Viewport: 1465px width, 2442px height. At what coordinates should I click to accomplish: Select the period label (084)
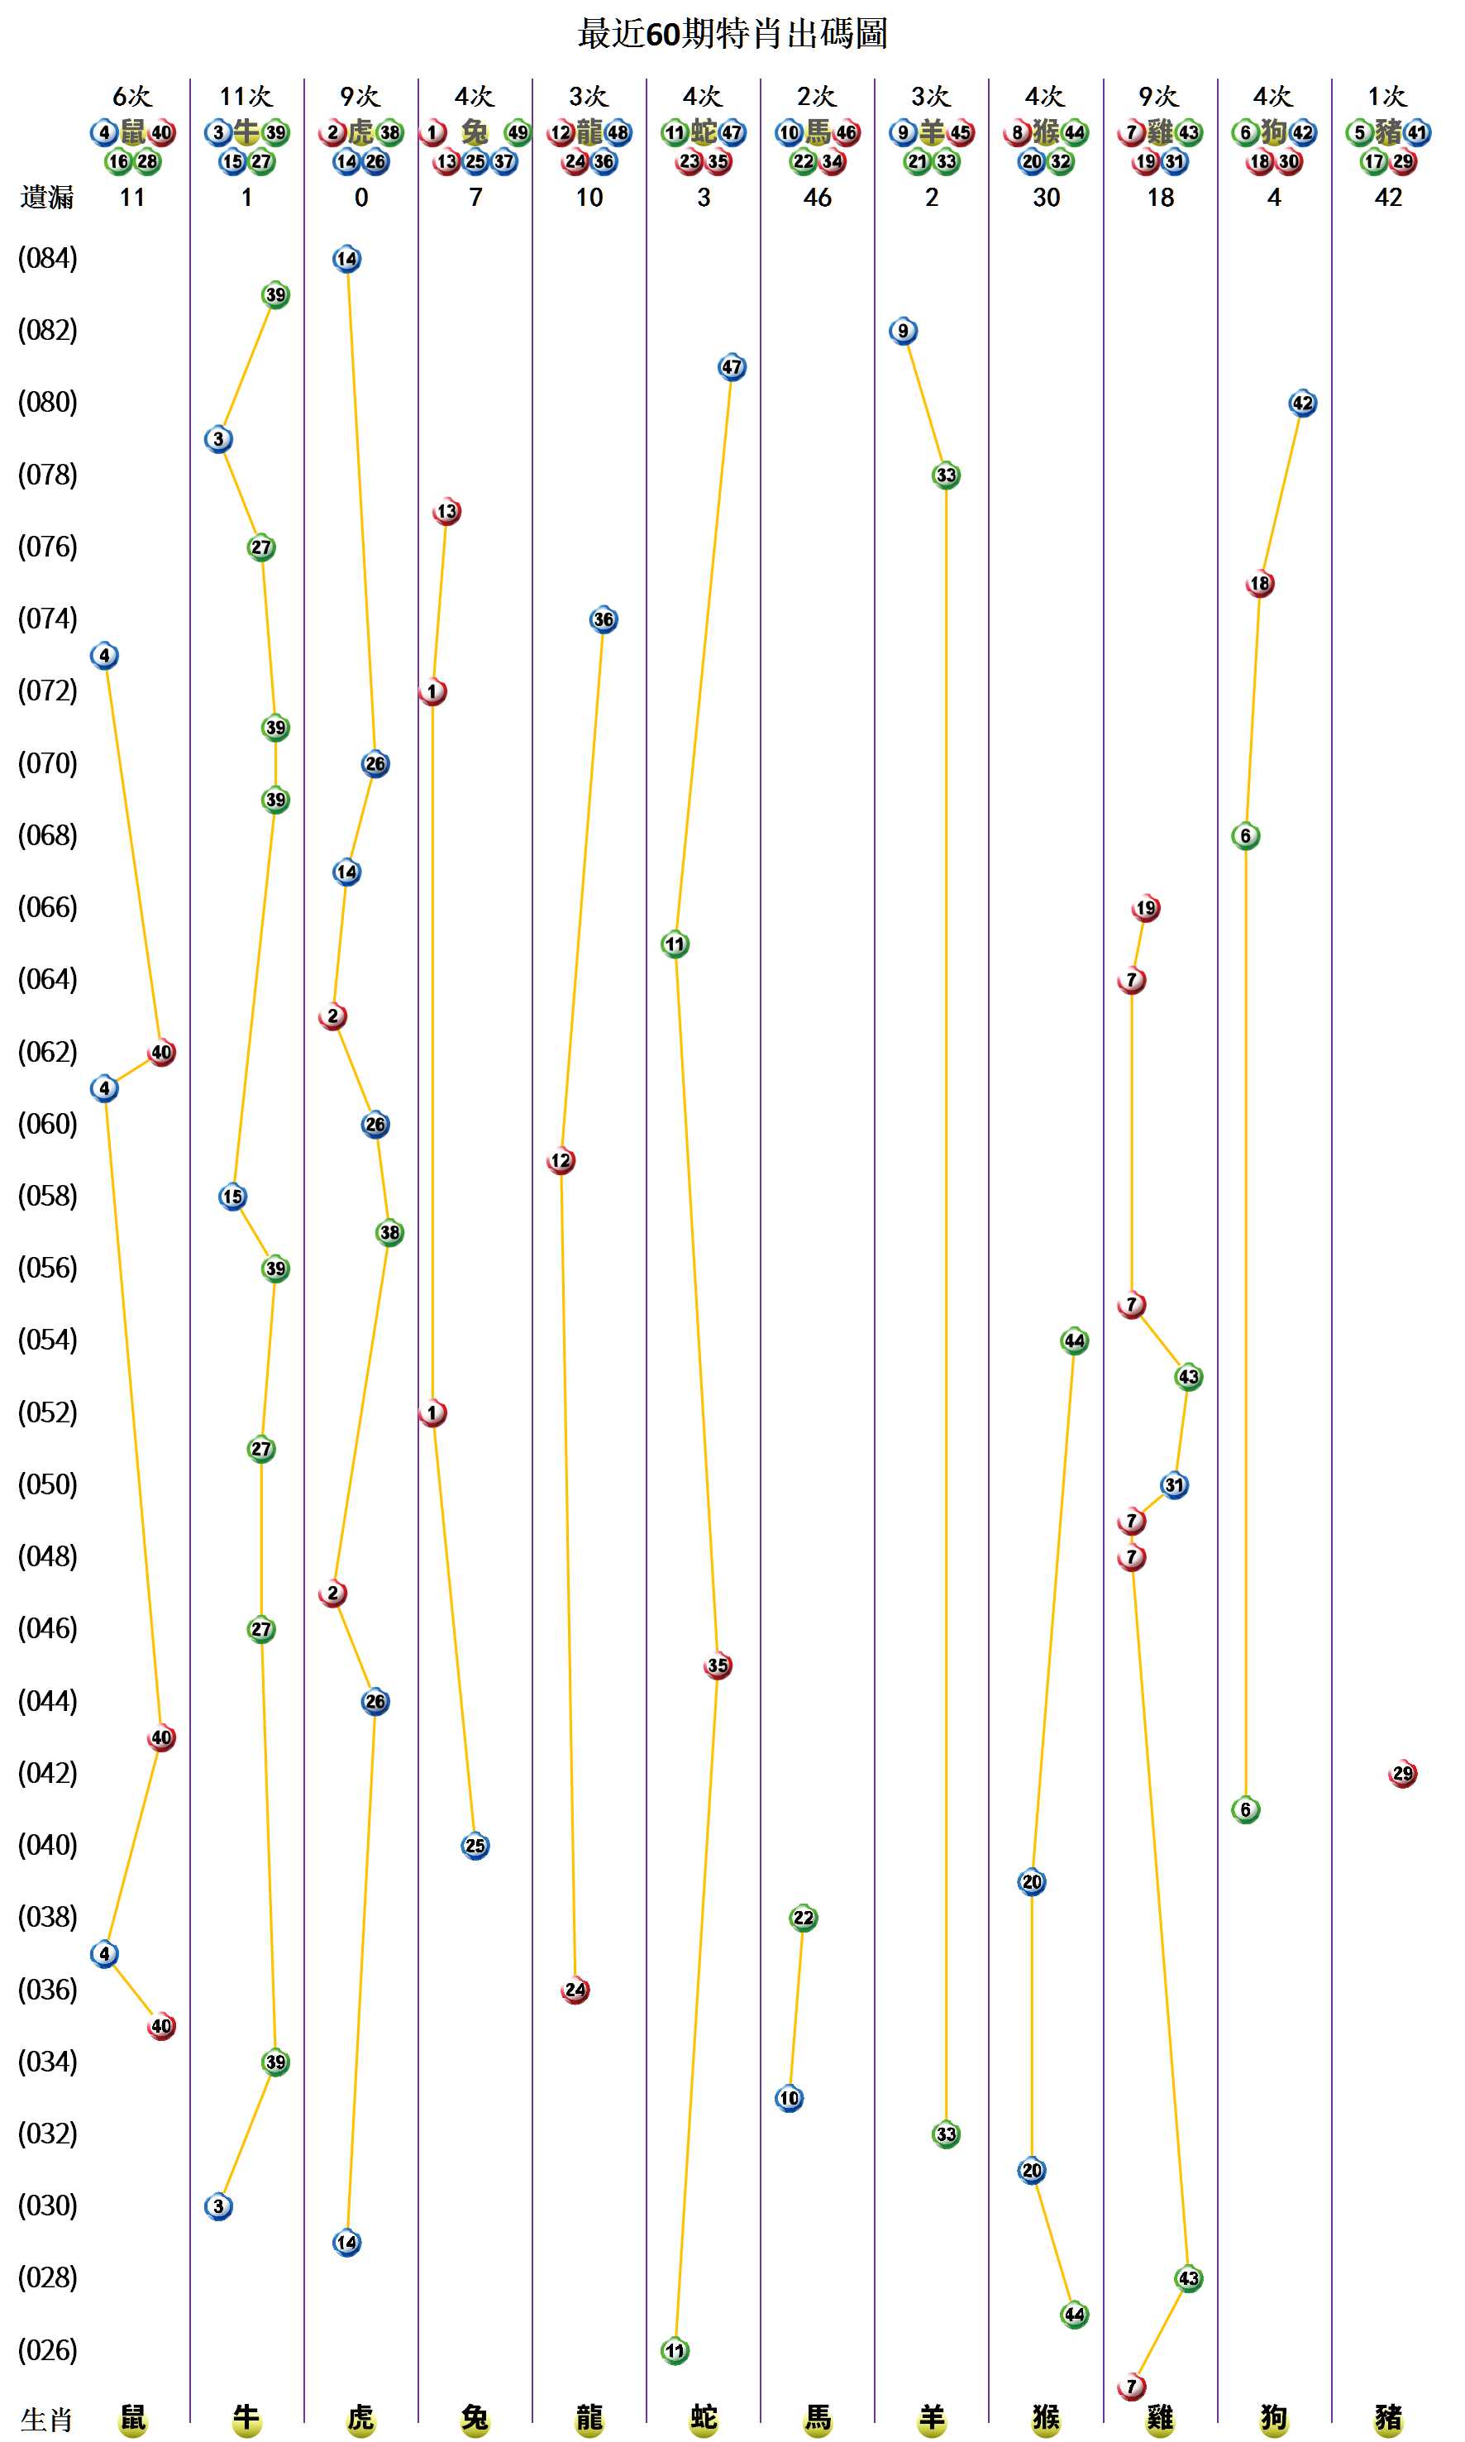(47, 259)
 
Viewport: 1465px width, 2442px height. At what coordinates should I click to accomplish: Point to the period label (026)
(47, 2349)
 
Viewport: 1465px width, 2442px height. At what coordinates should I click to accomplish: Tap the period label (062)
(47, 1052)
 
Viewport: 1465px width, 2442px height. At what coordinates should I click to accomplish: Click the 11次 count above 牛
(246, 97)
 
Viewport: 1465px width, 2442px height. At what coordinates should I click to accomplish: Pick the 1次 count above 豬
(1387, 97)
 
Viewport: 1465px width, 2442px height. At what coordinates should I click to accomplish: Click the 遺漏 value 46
(818, 198)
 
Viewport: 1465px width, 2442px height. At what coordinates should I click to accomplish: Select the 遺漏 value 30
(1046, 198)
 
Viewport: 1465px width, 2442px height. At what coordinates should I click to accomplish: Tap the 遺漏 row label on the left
(46, 198)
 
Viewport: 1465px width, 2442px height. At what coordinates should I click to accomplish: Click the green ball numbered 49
(518, 132)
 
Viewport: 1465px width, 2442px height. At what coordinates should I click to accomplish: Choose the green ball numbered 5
(1359, 132)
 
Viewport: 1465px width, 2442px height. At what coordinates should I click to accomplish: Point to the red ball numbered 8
(1017, 132)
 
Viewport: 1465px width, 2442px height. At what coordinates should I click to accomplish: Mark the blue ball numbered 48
(618, 132)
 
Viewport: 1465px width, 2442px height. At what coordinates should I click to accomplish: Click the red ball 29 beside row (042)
(1402, 1774)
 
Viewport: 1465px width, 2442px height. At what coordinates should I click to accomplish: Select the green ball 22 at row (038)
(804, 1918)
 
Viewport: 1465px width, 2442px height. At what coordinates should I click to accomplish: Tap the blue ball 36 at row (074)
(604, 619)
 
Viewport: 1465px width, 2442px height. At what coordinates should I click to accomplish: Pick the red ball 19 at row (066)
(1145, 907)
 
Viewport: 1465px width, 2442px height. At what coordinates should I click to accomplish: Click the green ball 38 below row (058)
(390, 1232)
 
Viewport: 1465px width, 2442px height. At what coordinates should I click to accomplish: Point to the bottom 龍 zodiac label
(589, 2417)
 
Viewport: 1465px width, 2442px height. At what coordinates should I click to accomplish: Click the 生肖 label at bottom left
(46, 2420)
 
